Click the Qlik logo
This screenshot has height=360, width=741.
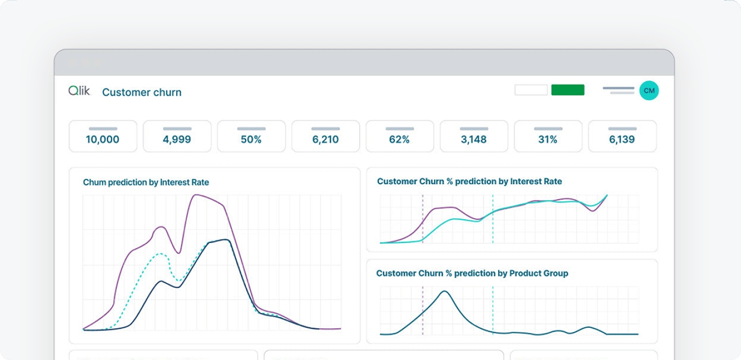click(x=79, y=91)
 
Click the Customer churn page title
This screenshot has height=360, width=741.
click(x=141, y=92)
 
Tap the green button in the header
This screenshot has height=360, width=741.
click(x=567, y=90)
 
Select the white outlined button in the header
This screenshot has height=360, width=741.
click(x=531, y=90)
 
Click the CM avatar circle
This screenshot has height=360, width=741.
click(x=649, y=91)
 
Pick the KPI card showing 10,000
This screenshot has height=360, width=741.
click(x=103, y=137)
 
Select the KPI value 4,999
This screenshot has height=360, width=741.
click(x=177, y=139)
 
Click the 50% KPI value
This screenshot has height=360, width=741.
click(x=251, y=139)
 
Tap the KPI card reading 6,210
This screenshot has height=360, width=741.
click(x=326, y=137)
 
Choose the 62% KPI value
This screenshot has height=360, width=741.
click(x=399, y=139)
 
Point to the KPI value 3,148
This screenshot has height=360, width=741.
click(x=474, y=139)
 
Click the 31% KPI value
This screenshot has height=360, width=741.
click(x=548, y=139)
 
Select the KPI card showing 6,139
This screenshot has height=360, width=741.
click(x=622, y=137)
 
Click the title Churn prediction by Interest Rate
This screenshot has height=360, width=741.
click(x=146, y=182)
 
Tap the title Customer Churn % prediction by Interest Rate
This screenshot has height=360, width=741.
click(x=469, y=181)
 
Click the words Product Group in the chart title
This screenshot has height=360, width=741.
click(x=538, y=273)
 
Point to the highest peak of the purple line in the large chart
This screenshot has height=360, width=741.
click(x=197, y=195)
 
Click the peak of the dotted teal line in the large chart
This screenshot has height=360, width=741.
click(x=161, y=254)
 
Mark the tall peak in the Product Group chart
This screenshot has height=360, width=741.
click(x=445, y=291)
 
